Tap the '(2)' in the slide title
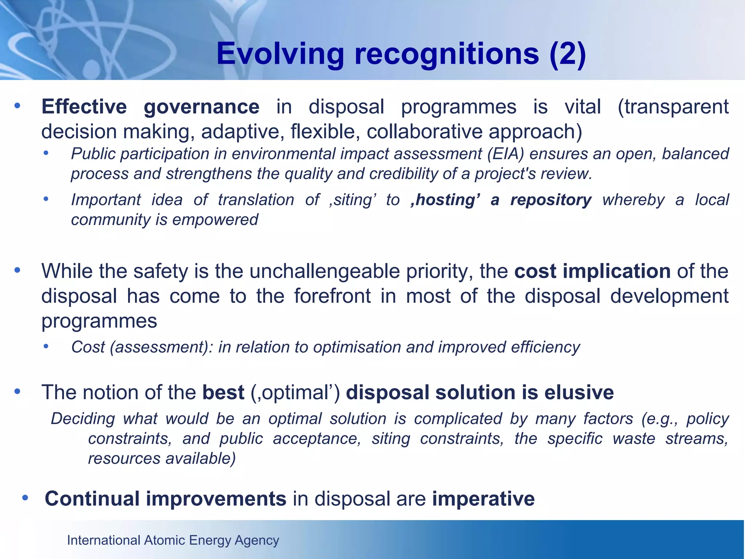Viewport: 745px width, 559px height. click(567, 54)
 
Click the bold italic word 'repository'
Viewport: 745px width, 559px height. click(551, 200)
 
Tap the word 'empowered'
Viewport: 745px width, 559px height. click(215, 220)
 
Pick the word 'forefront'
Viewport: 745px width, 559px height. click(332, 296)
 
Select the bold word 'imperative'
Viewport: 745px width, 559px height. click(483, 499)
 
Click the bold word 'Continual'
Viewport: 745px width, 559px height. click(92, 499)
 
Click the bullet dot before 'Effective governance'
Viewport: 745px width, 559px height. click(17, 106)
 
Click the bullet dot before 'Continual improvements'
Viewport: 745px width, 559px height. click(25, 497)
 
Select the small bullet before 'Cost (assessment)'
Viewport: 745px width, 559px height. click(46, 346)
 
